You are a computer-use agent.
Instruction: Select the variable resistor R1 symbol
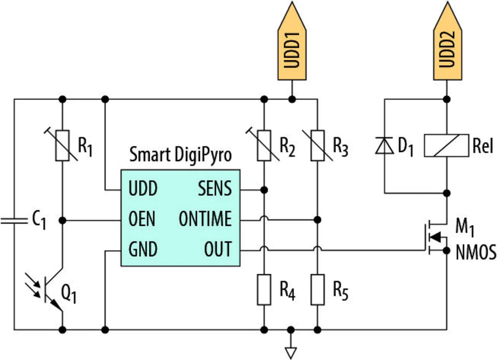tap(63, 145)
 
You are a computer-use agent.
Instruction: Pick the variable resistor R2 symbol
tap(264, 145)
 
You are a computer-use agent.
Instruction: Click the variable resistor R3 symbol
tap(318, 145)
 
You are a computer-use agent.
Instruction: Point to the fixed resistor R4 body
tap(264, 289)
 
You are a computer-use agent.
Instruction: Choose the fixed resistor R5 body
tap(318, 289)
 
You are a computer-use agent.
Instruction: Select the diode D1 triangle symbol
tap(384, 146)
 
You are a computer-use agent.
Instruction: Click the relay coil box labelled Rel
tap(447, 145)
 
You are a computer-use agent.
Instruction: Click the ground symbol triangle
tap(290, 352)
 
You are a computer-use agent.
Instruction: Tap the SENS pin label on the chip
tap(215, 189)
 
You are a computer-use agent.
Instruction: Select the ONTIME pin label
tap(205, 219)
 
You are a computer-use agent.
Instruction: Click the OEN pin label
tap(142, 219)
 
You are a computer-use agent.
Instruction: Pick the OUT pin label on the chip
tap(218, 249)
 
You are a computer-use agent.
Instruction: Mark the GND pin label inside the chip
tap(143, 249)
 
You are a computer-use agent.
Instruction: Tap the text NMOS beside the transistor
tap(476, 253)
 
